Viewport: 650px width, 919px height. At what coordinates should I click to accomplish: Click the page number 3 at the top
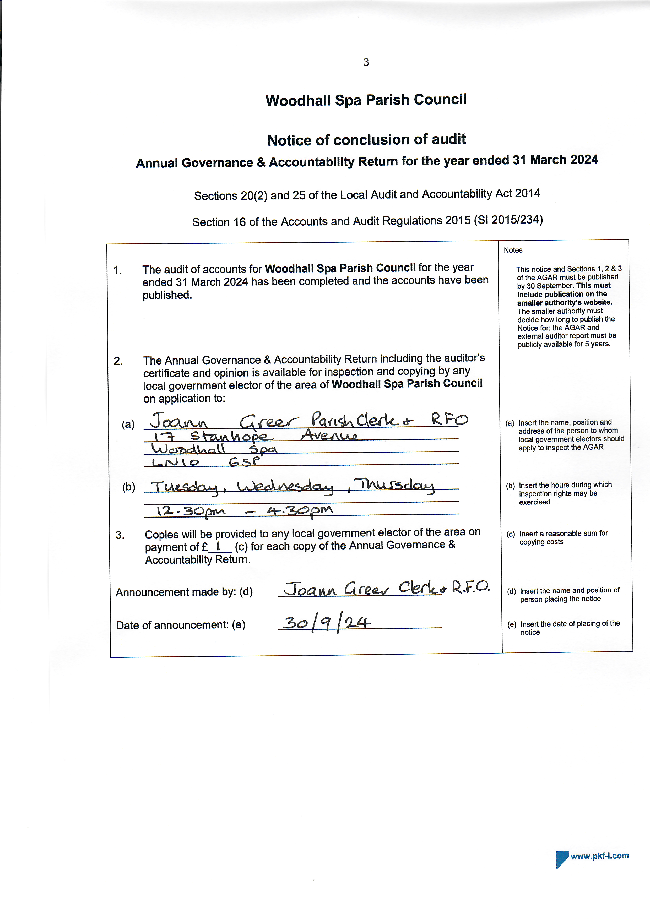[x=365, y=62]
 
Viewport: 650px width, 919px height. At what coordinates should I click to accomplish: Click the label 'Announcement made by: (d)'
[x=184, y=592]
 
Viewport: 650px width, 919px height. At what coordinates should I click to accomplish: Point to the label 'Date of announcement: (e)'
[x=181, y=625]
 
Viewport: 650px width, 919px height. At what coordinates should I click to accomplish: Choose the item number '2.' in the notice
[x=118, y=361]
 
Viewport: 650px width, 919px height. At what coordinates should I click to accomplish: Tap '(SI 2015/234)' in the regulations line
[x=508, y=220]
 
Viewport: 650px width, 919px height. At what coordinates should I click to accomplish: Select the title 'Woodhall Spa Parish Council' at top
[x=366, y=100]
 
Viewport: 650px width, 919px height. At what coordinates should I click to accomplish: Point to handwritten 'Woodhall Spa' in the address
[x=214, y=449]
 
